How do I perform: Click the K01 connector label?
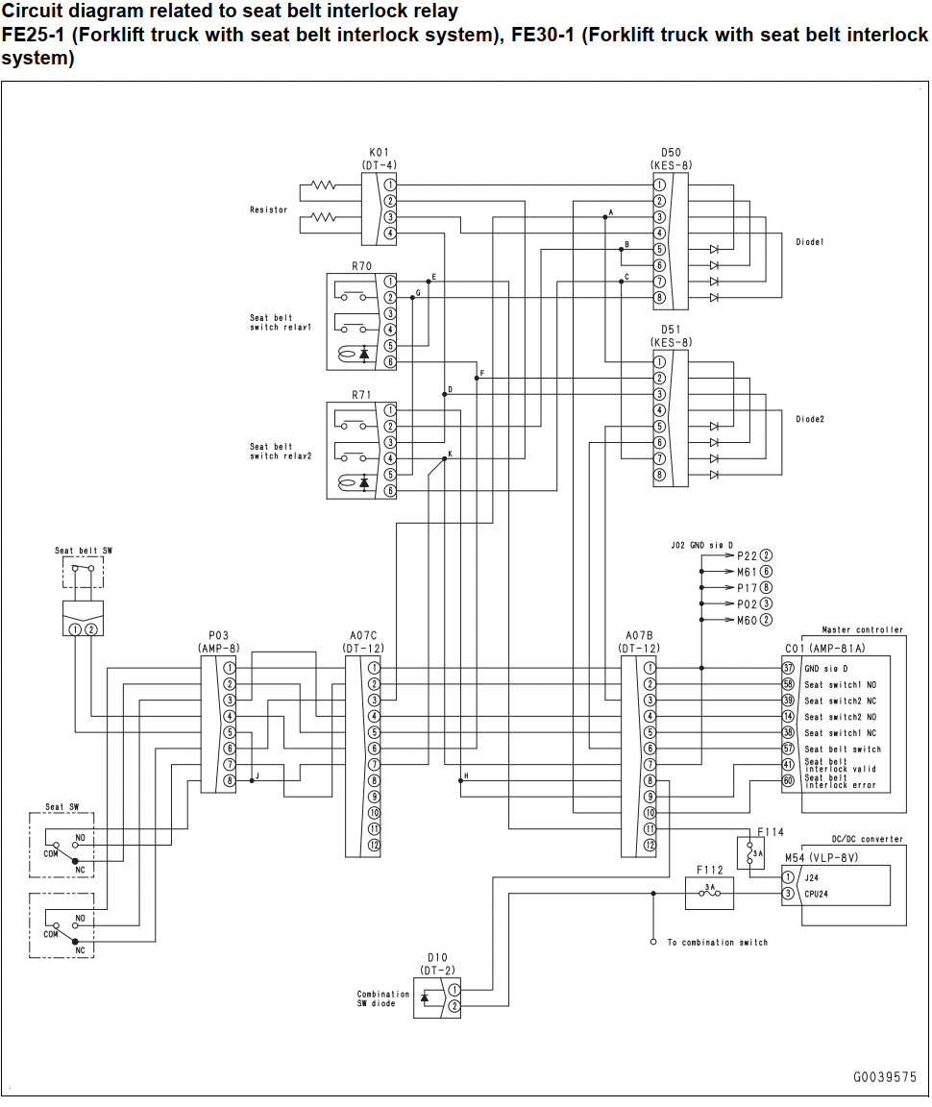pyautogui.click(x=380, y=153)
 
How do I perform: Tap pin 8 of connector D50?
pyautogui.click(x=659, y=297)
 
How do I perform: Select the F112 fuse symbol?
pyautogui.click(x=710, y=893)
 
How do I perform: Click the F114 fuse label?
pyautogui.click(x=771, y=831)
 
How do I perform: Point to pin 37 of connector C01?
pyautogui.click(x=788, y=668)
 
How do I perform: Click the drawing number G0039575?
pyautogui.click(x=885, y=1076)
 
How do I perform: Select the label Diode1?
pyautogui.click(x=810, y=241)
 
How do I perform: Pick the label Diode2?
pyautogui.click(x=810, y=419)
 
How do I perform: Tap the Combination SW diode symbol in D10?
pyautogui.click(x=425, y=997)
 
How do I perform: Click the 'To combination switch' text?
pyautogui.click(x=718, y=942)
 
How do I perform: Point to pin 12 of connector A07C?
pyautogui.click(x=374, y=845)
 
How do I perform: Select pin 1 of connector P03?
pyautogui.click(x=230, y=668)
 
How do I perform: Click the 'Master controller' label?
pyautogui.click(x=862, y=629)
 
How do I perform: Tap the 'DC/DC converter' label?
pyautogui.click(x=867, y=839)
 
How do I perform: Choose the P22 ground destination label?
pyautogui.click(x=747, y=555)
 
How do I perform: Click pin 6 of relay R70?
pyautogui.click(x=390, y=361)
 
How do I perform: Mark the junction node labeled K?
pyautogui.click(x=445, y=458)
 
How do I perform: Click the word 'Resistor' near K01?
pyautogui.click(x=268, y=209)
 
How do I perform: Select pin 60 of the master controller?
pyautogui.click(x=788, y=780)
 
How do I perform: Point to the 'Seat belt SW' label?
pyautogui.click(x=84, y=550)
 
